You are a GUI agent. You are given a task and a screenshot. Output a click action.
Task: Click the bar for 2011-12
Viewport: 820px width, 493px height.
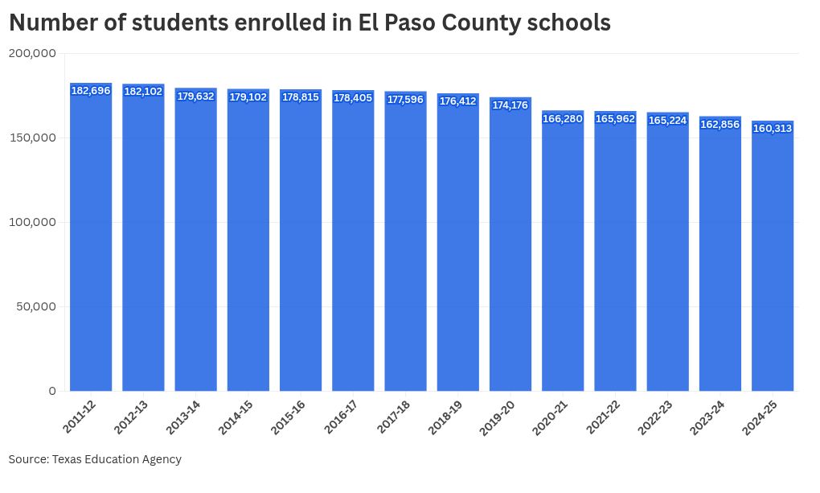pyautogui.click(x=91, y=241)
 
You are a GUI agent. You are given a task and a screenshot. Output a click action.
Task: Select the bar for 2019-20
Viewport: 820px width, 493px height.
pyautogui.click(x=510, y=249)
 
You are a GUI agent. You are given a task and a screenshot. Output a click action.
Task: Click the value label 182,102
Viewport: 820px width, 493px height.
pyautogui.click(x=143, y=92)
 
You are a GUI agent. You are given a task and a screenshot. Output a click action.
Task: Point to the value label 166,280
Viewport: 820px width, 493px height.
pyautogui.click(x=563, y=119)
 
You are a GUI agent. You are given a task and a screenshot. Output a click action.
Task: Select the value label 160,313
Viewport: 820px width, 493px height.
pyautogui.click(x=773, y=129)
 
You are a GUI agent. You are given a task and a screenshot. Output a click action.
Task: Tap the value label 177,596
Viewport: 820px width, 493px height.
pyautogui.click(x=405, y=100)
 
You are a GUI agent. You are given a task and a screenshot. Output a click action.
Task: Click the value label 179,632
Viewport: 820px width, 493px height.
pyautogui.click(x=195, y=97)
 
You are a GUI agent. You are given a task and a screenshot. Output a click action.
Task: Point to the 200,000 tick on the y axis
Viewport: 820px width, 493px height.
pyautogui.click(x=32, y=53)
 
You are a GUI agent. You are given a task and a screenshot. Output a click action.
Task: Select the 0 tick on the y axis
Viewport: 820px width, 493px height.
pyautogui.click(x=52, y=391)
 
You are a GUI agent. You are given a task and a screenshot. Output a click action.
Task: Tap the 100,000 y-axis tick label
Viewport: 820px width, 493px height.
pyautogui.click(x=32, y=222)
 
